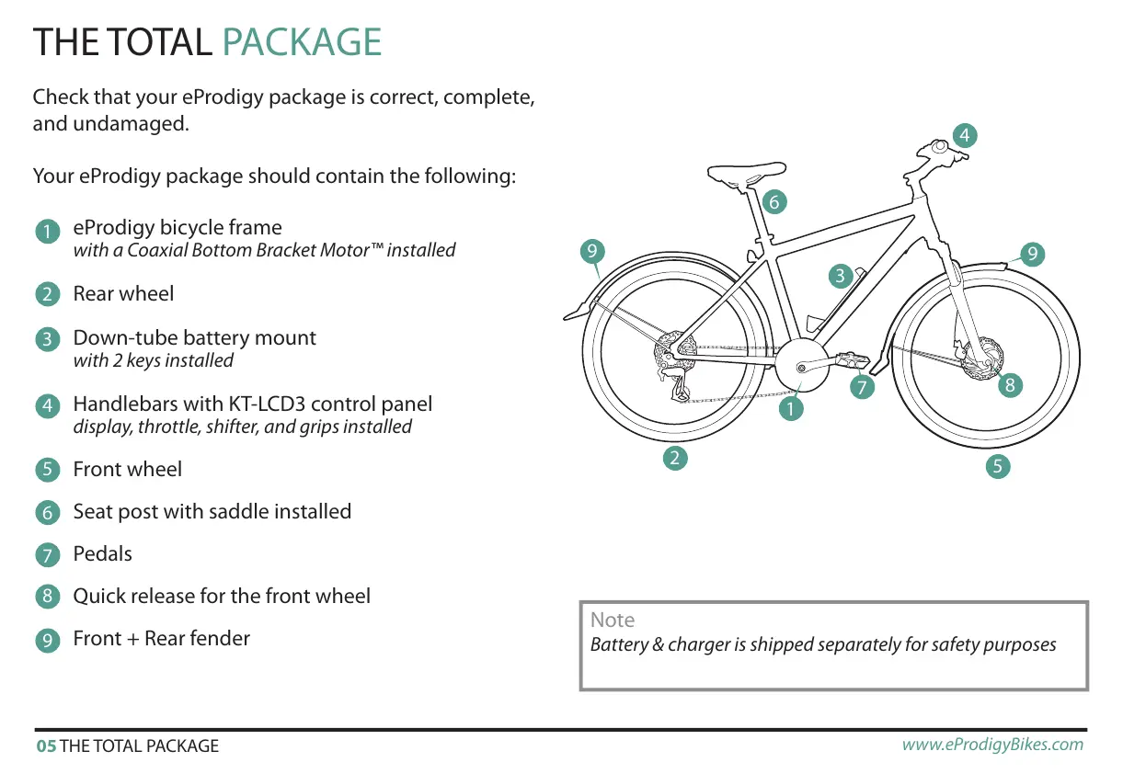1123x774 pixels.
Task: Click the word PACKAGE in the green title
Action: pos(302,42)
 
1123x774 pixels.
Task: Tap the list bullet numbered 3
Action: pos(46,340)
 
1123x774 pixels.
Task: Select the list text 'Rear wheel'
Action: pos(123,294)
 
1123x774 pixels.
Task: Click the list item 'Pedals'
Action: pos(102,554)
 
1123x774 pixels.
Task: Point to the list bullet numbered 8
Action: pos(46,598)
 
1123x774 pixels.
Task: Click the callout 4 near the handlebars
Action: pos(964,136)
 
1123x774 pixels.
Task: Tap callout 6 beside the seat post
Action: pos(774,201)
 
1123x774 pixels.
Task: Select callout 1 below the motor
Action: pos(790,407)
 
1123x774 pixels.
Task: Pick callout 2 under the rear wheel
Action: pos(675,457)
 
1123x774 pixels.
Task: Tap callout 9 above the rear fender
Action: pos(593,250)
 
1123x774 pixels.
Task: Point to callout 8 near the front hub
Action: pos(1010,385)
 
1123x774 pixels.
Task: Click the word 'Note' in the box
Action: pos(613,620)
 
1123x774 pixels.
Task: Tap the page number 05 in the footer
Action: pos(45,746)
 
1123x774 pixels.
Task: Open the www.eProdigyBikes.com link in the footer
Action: pos(992,745)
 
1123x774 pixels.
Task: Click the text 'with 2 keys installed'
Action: pos(153,361)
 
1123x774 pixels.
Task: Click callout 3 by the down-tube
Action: pos(840,275)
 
